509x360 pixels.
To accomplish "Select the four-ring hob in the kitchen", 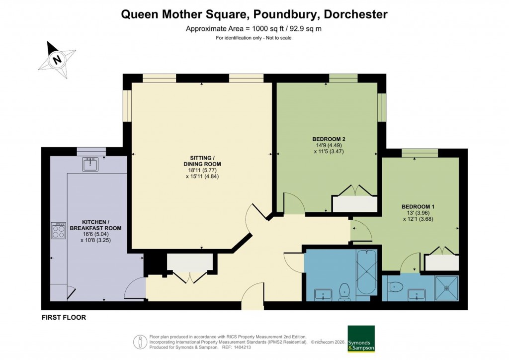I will (58, 231).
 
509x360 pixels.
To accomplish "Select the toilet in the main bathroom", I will (344, 291).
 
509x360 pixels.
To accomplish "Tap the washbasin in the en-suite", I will (416, 295).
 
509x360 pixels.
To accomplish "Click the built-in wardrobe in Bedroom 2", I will (354, 204).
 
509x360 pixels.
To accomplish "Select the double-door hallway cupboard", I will (191, 262).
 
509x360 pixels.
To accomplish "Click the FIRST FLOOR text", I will (64, 317).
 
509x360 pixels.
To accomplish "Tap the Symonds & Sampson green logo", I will (361, 339).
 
